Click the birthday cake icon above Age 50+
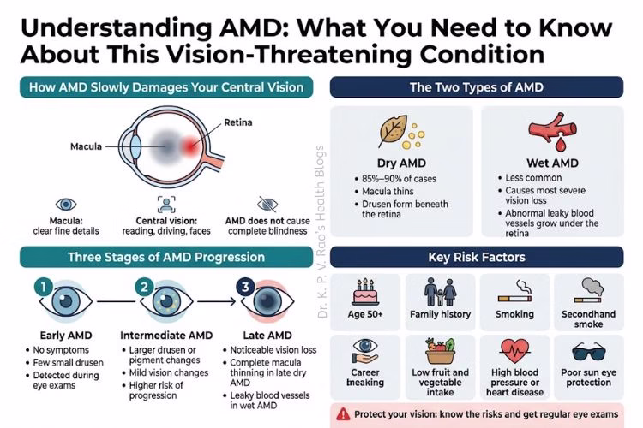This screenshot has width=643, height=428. (x=367, y=293)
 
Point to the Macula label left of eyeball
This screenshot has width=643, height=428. (x=87, y=146)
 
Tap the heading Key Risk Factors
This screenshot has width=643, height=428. (x=476, y=257)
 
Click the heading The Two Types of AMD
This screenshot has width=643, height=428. (x=476, y=87)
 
